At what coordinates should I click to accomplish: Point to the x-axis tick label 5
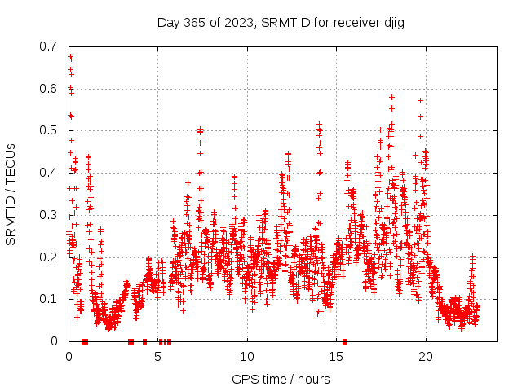(158, 357)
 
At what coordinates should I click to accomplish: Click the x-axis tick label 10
(247, 357)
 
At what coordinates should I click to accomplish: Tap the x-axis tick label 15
(336, 357)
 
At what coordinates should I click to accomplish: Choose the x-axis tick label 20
(425, 357)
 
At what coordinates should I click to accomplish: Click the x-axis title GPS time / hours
(281, 379)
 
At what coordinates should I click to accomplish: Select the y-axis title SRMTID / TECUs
(11, 194)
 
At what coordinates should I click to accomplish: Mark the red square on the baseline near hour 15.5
(344, 341)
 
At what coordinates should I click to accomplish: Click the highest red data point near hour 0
(70, 56)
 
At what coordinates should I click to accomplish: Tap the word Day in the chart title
(168, 22)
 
